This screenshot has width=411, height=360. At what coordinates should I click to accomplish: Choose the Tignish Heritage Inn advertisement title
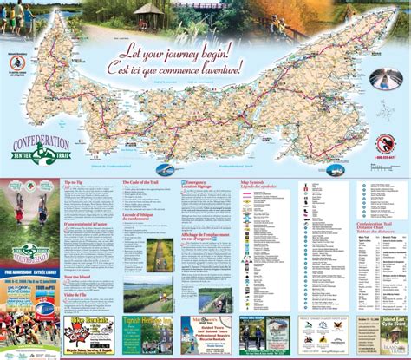[153, 319]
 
